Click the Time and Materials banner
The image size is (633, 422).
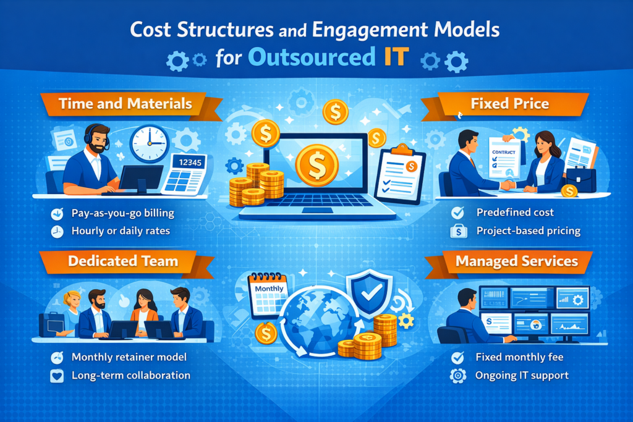[x=124, y=103]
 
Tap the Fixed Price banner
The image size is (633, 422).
[x=509, y=103]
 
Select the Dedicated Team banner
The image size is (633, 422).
[x=123, y=261]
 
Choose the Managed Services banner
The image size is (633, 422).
[x=516, y=261]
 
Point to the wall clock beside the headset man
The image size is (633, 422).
[x=149, y=143]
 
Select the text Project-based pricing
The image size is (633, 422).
[x=529, y=232]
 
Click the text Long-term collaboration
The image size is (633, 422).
[x=131, y=375]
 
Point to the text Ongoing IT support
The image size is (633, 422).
[x=522, y=375]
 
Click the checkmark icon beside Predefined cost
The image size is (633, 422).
[x=458, y=213]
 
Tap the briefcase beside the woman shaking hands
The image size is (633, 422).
[x=580, y=180]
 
